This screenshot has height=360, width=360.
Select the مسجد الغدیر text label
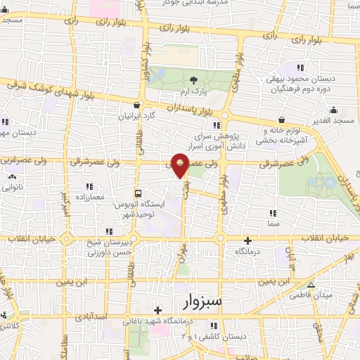pos(333,122)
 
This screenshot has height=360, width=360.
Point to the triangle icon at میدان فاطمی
pos(311,285)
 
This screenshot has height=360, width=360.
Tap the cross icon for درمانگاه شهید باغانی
pos(158,310)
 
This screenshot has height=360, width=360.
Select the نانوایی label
pos(13,188)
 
